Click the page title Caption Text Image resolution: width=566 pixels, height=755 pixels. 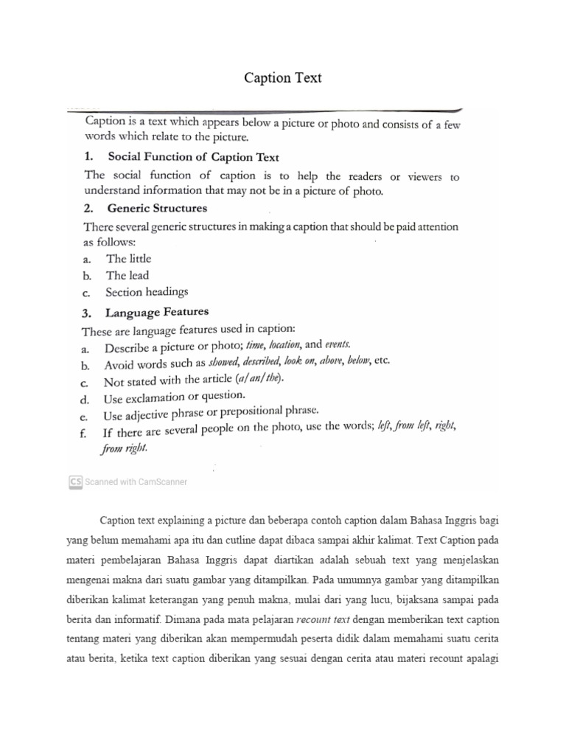click(283, 77)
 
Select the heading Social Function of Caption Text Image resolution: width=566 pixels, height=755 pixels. click(193, 156)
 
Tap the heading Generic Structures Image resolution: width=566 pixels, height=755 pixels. click(157, 208)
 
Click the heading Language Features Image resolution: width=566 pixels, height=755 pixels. click(158, 312)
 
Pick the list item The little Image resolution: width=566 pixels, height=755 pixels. click(128, 258)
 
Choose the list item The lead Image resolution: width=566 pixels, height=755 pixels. click(127, 275)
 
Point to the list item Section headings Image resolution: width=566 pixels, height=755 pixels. click(147, 292)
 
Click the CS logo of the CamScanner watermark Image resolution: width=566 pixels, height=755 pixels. click(74, 481)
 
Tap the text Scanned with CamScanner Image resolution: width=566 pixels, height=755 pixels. click(136, 481)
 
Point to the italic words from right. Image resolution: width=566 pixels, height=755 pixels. click(125, 448)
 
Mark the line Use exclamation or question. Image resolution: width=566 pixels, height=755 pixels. click(174, 397)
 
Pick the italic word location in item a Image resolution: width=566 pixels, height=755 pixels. click(284, 344)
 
